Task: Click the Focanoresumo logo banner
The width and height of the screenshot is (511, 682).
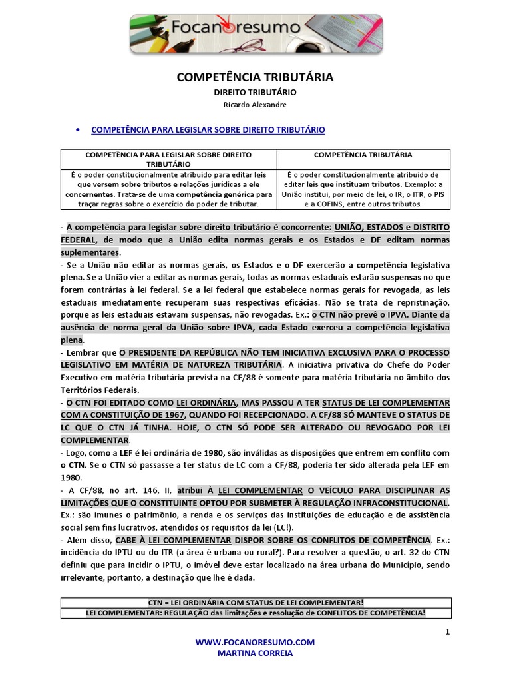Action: point(255,35)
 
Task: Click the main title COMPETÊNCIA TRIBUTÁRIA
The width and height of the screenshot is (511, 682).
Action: point(255,78)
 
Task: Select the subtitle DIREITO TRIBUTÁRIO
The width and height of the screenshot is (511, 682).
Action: point(255,93)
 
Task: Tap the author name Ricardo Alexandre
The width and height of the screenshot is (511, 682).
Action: point(255,105)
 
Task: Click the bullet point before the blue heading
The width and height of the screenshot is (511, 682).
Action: point(79,129)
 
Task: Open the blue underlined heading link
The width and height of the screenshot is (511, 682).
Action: point(208,129)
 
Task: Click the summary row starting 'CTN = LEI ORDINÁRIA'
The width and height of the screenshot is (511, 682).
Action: point(256,602)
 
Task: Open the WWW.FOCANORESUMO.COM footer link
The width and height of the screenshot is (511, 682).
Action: point(255,642)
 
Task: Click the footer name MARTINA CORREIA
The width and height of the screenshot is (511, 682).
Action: point(255,654)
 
